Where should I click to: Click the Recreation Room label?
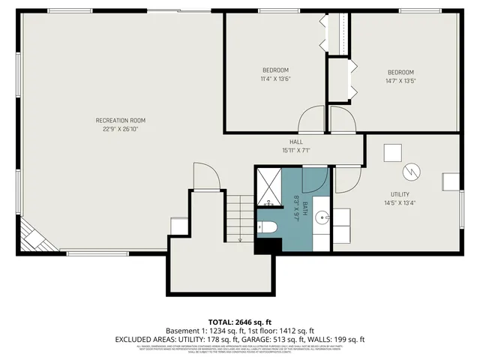[x=120, y=120]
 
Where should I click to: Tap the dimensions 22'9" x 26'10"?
[x=120, y=129]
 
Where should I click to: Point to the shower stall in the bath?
[x=268, y=185]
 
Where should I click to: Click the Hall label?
[x=295, y=142]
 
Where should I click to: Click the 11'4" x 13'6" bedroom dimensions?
[x=275, y=79]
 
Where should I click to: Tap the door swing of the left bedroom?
[x=312, y=120]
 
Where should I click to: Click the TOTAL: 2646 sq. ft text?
[x=239, y=321]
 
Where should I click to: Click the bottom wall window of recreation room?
[x=112, y=252]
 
